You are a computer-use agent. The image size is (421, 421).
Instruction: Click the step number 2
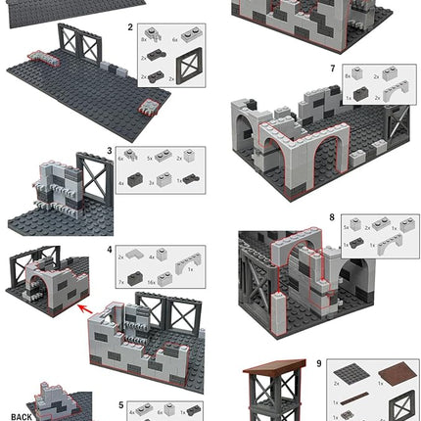pos(130,28)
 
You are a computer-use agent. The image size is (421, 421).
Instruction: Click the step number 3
pos(110,152)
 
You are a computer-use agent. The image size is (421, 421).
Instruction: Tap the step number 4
pos(110,250)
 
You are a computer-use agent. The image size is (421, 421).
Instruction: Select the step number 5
pos(120,403)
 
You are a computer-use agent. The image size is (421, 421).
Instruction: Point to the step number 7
pos(333,70)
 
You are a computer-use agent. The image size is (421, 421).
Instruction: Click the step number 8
pos(332,217)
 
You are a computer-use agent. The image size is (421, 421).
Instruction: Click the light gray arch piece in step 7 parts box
pos(393,91)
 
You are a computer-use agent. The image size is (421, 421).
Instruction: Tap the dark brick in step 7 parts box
pos(361,93)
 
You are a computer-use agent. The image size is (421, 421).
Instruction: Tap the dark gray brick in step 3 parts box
pos(136,181)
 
